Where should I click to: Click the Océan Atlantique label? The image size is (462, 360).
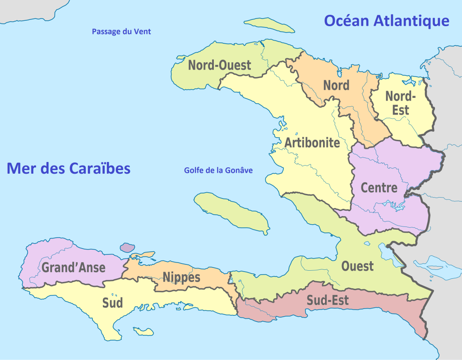386,21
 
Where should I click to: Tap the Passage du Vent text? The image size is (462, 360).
121,32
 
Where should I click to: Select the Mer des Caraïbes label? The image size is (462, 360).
69,169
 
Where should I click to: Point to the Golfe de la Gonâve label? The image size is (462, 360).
218,171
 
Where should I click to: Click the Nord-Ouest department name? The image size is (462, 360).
219,65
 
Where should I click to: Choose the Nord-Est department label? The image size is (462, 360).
400,103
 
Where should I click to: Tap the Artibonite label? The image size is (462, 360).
312,143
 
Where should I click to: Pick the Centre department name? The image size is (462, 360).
379,188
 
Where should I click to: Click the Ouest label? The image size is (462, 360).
357,266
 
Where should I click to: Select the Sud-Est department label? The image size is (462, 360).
328,300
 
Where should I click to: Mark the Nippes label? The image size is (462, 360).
181,277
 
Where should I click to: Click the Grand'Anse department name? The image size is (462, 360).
74,268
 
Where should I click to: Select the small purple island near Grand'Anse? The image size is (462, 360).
127,247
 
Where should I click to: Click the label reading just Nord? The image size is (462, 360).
336,85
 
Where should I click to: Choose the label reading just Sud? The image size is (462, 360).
112,303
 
